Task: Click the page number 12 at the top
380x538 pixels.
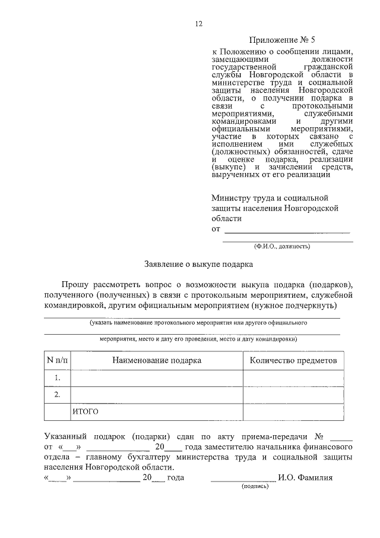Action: click(199, 24)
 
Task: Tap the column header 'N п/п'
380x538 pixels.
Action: click(58, 360)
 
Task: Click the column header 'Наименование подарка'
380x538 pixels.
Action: click(157, 360)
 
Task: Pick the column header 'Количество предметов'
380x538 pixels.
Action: click(293, 360)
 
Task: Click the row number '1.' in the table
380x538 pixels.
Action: click(58, 377)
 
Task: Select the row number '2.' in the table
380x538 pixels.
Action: click(58, 394)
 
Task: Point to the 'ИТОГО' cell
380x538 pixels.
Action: click(85, 411)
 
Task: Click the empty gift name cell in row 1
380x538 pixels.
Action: click(157, 377)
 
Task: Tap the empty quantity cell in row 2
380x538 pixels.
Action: click(293, 394)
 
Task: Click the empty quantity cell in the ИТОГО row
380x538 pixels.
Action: click(293, 411)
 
